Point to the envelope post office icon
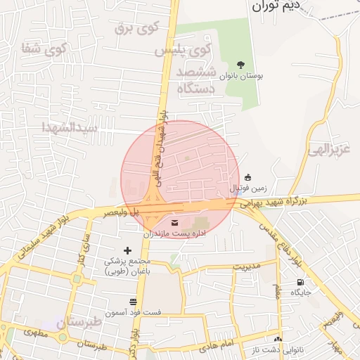[174, 223]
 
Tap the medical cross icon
[127, 250]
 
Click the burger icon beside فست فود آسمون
[133, 301]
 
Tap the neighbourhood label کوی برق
[137, 28]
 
